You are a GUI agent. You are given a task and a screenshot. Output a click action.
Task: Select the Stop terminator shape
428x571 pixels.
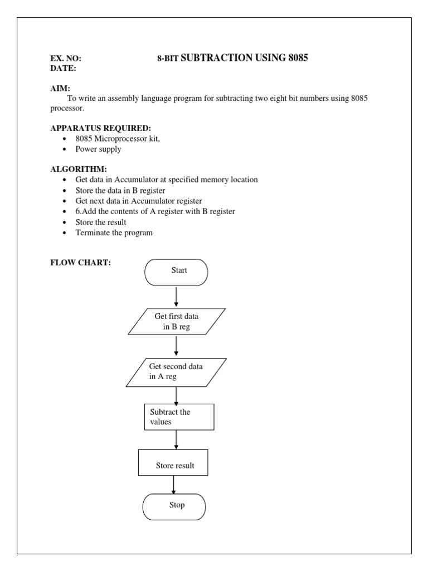[174, 506]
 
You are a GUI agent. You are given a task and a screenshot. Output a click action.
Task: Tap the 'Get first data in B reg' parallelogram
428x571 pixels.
[176, 322]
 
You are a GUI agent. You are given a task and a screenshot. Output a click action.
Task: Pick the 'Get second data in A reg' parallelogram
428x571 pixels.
[176, 372]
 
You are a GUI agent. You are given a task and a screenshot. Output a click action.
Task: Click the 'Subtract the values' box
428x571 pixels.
[179, 417]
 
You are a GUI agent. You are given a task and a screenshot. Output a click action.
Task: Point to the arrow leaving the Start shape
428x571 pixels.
[176, 297]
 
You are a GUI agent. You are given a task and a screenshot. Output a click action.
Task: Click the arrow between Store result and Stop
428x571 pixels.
[174, 484]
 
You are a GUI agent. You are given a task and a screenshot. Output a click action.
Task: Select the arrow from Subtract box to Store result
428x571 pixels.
[176, 439]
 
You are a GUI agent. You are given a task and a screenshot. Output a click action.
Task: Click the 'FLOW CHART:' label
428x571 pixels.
[81, 263]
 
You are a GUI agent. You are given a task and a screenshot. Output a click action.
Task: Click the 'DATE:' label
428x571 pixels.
[63, 68]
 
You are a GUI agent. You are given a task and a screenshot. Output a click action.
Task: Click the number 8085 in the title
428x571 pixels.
[298, 58]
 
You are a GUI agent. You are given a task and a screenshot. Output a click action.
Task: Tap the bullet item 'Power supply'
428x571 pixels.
[98, 149]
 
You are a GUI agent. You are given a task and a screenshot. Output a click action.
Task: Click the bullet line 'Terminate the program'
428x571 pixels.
[114, 233]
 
